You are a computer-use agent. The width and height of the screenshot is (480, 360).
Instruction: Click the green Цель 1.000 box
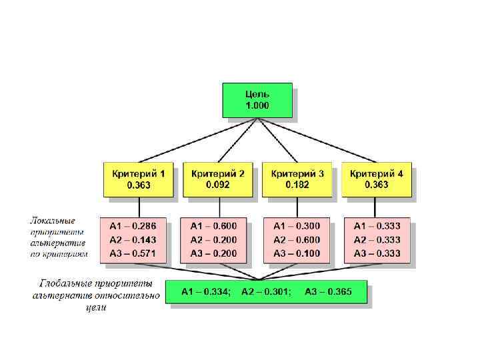tap(257, 100)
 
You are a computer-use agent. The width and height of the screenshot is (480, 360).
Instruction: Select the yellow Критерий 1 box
tap(139, 179)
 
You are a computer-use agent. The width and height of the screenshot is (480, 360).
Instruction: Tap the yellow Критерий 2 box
tap(217, 179)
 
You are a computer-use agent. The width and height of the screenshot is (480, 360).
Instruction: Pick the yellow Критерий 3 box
tap(297, 179)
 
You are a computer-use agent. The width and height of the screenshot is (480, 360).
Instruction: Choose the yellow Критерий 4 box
tap(377, 179)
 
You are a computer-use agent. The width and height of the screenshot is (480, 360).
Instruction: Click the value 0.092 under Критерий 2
tap(217, 185)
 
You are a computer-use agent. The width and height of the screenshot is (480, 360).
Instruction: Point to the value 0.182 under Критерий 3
tap(297, 185)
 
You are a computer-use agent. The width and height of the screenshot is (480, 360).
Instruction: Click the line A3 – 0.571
tap(133, 253)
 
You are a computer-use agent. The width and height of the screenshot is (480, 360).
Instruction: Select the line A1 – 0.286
tap(133, 226)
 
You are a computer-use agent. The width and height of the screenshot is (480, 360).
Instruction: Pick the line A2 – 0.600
tap(297, 240)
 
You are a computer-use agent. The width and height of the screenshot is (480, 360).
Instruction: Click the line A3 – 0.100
tap(297, 253)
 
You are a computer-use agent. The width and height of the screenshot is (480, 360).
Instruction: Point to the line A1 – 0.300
tap(297, 226)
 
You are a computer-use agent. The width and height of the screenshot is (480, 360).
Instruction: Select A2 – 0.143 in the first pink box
tap(133, 240)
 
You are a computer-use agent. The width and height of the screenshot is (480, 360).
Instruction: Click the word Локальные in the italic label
tap(53, 219)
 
